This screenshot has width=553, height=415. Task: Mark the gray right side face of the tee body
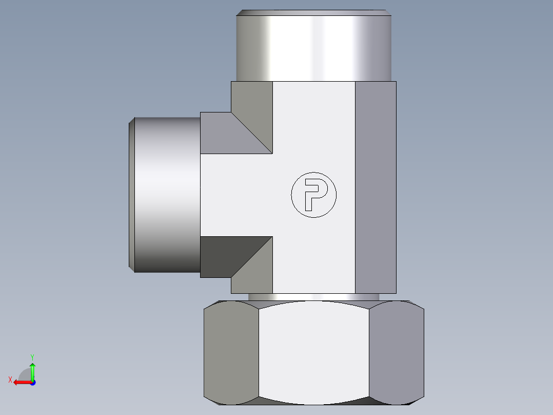[376, 187]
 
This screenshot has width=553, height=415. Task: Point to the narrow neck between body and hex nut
[314, 297]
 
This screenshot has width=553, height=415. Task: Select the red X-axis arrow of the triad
[21, 382]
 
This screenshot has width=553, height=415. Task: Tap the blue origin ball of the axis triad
[32, 383]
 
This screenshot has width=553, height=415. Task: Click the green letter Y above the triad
[32, 356]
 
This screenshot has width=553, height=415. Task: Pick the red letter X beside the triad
[10, 380]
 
